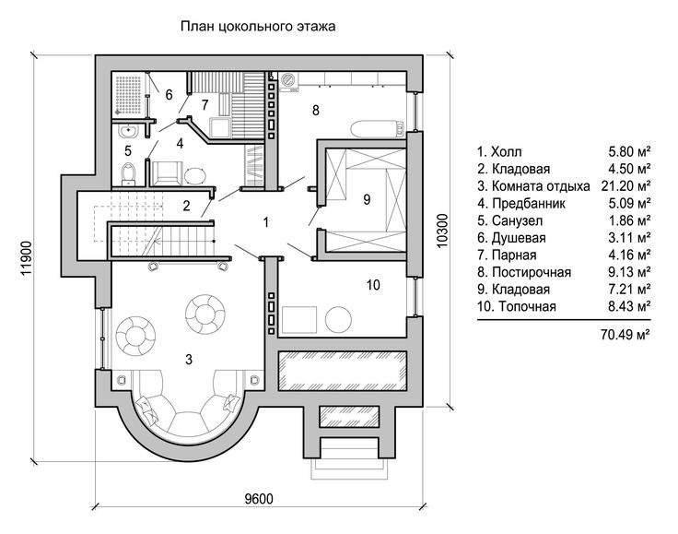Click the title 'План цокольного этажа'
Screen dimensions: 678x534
point(258,27)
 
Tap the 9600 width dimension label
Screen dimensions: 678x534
point(259,499)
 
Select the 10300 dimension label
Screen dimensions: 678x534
point(442,231)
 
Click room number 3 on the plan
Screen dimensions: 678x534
point(189,359)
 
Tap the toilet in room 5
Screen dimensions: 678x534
point(128,173)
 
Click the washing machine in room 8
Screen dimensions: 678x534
point(288,81)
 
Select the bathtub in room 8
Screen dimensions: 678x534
point(378,129)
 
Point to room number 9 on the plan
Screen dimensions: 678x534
point(367,199)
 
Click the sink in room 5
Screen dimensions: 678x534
point(127,131)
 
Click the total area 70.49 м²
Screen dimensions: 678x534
point(625,334)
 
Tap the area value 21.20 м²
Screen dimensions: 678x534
point(625,185)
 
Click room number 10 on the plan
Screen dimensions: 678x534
point(373,285)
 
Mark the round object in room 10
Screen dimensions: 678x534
point(339,319)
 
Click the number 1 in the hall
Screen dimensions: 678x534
point(266,222)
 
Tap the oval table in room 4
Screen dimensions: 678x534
point(196,175)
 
